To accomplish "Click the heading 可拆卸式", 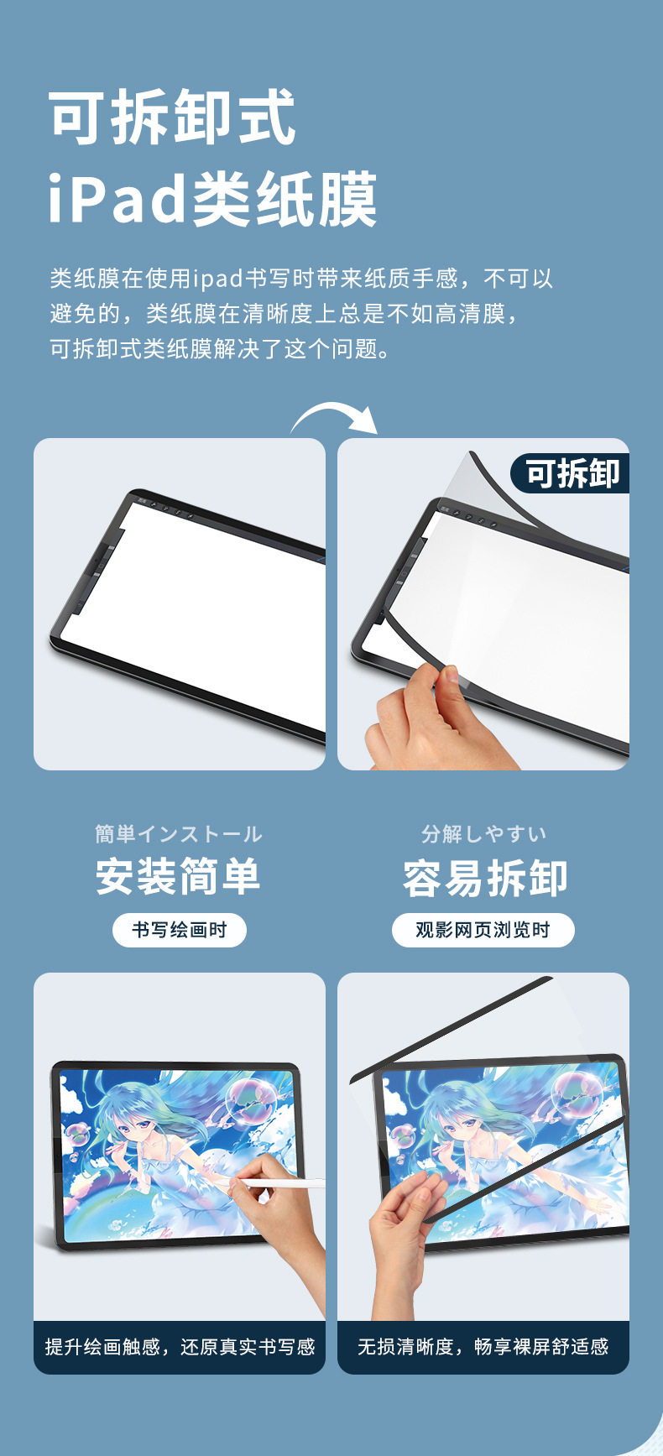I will pos(173,118).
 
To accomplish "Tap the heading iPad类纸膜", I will pos(213,199).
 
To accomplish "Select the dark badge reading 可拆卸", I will pos(572,473).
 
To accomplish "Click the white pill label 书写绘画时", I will pos(180,930).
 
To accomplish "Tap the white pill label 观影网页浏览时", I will pos(483,930).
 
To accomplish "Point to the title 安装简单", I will pos(179,877).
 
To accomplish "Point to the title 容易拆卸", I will pos(485,878).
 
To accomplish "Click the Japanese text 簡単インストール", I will pos(179,834).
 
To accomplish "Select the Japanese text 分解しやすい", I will pos(484,833).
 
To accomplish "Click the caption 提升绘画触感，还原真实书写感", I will pos(180,1347).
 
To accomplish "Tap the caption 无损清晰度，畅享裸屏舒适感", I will pos(483,1347).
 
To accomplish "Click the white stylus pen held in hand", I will pos(280,1183).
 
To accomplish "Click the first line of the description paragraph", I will pos(301,279).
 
